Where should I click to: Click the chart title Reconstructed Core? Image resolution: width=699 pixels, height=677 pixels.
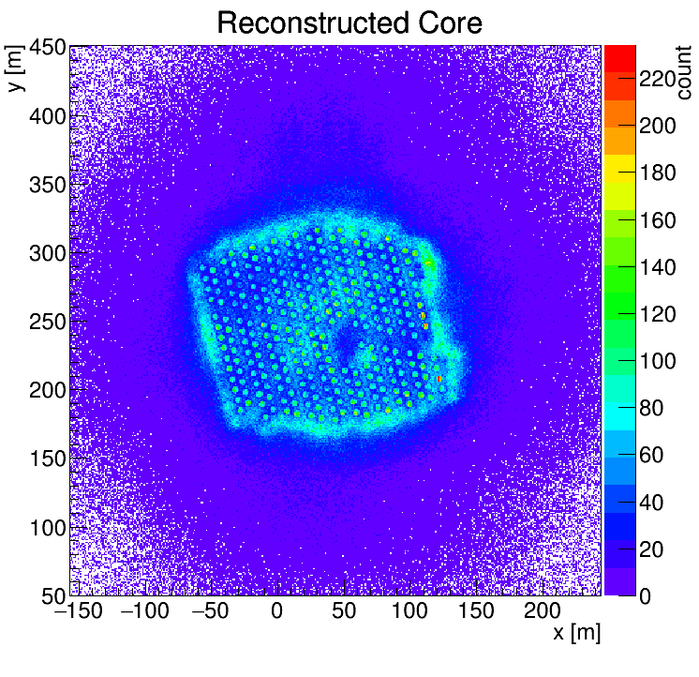349,23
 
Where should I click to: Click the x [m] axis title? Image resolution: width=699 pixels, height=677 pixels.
575,633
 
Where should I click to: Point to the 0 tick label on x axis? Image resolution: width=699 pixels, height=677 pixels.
276,610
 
